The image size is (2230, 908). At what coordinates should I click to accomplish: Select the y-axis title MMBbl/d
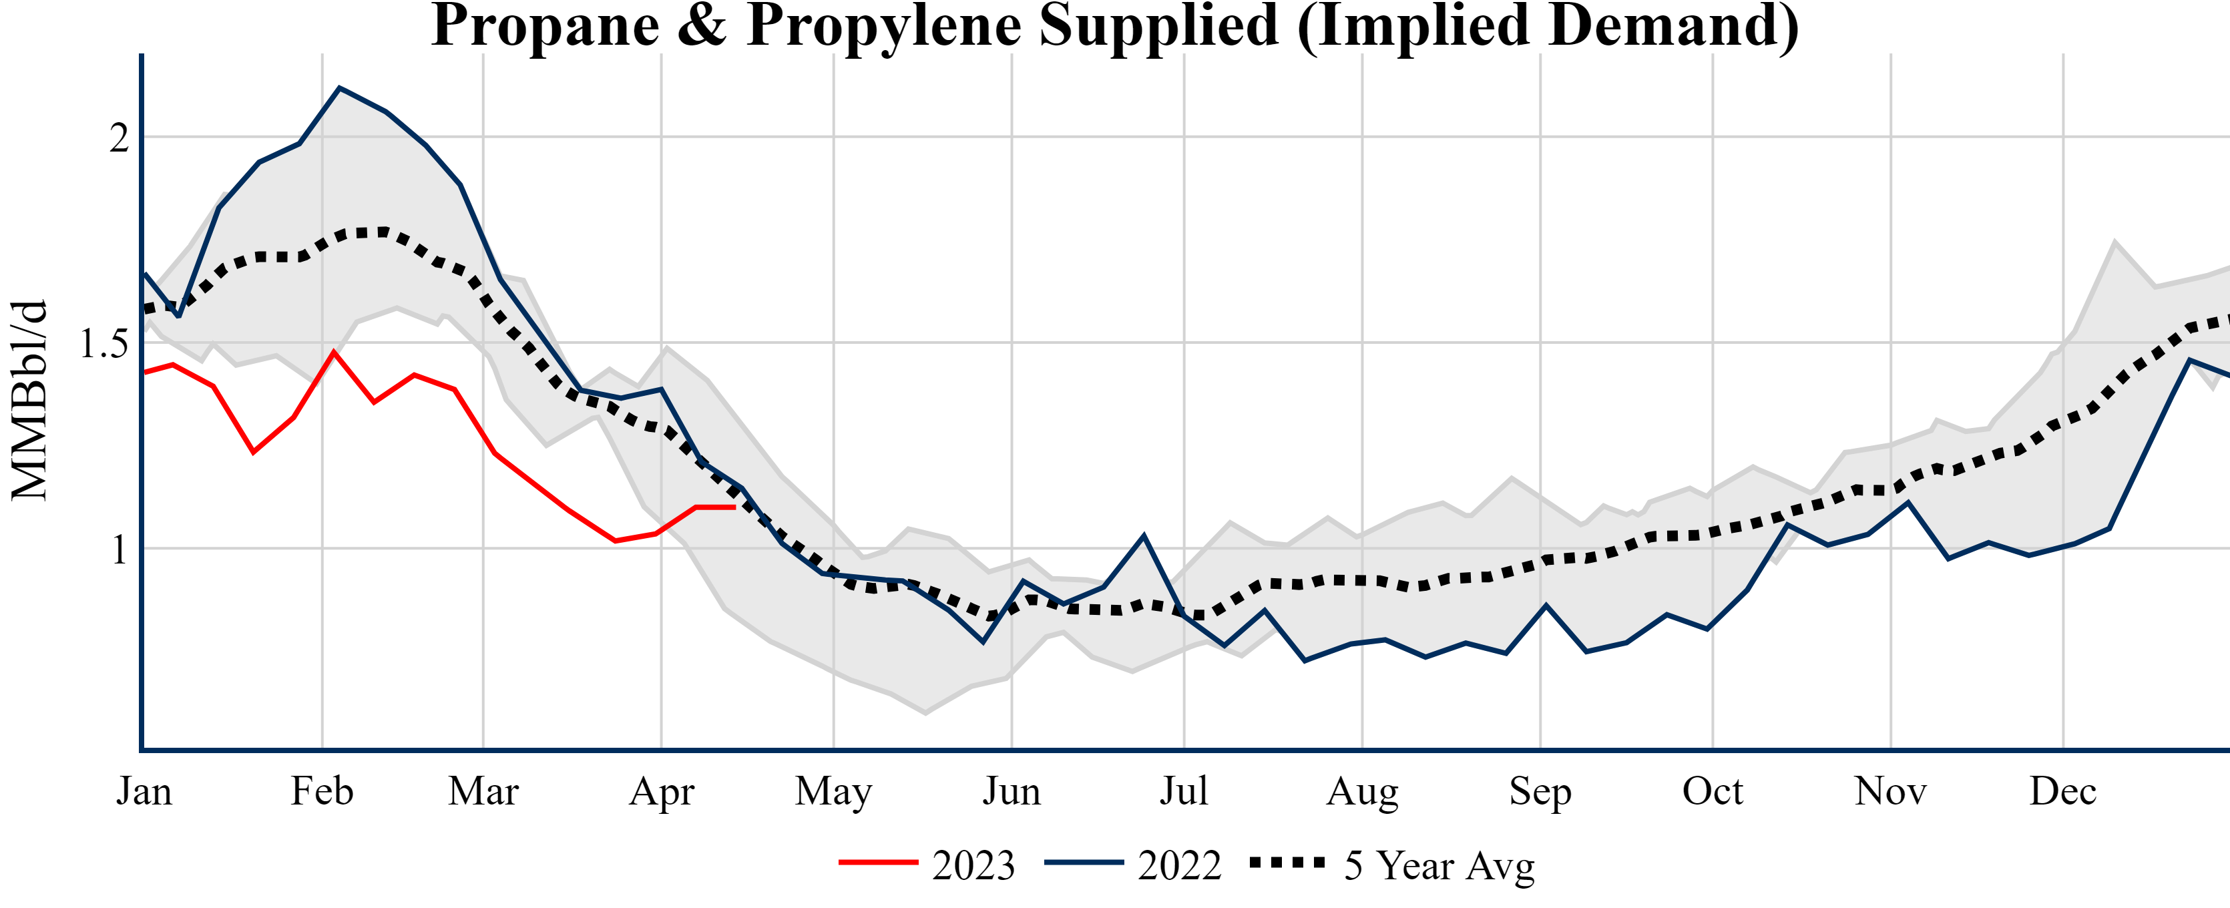point(29,400)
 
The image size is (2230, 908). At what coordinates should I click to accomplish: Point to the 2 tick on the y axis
point(119,138)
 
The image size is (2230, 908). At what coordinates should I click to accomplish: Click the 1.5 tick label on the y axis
point(103,345)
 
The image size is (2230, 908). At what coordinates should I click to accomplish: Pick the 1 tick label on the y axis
point(119,549)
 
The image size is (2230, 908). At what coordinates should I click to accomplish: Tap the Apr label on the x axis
point(662,791)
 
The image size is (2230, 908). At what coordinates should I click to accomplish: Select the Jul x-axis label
point(1183,791)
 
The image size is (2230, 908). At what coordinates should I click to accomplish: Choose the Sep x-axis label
point(1540,791)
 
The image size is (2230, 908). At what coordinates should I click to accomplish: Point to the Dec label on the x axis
point(2063,791)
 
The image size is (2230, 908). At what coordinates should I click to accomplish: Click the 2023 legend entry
point(926,865)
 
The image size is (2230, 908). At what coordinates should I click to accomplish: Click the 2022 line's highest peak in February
point(339,87)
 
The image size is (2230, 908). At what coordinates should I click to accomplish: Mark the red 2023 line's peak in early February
point(333,351)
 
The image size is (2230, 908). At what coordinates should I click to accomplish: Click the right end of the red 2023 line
point(734,507)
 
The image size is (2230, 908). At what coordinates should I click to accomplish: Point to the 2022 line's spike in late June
point(1144,536)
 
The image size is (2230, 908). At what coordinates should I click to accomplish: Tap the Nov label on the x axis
point(1889,791)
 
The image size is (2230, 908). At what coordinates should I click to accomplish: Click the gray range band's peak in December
point(2115,242)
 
